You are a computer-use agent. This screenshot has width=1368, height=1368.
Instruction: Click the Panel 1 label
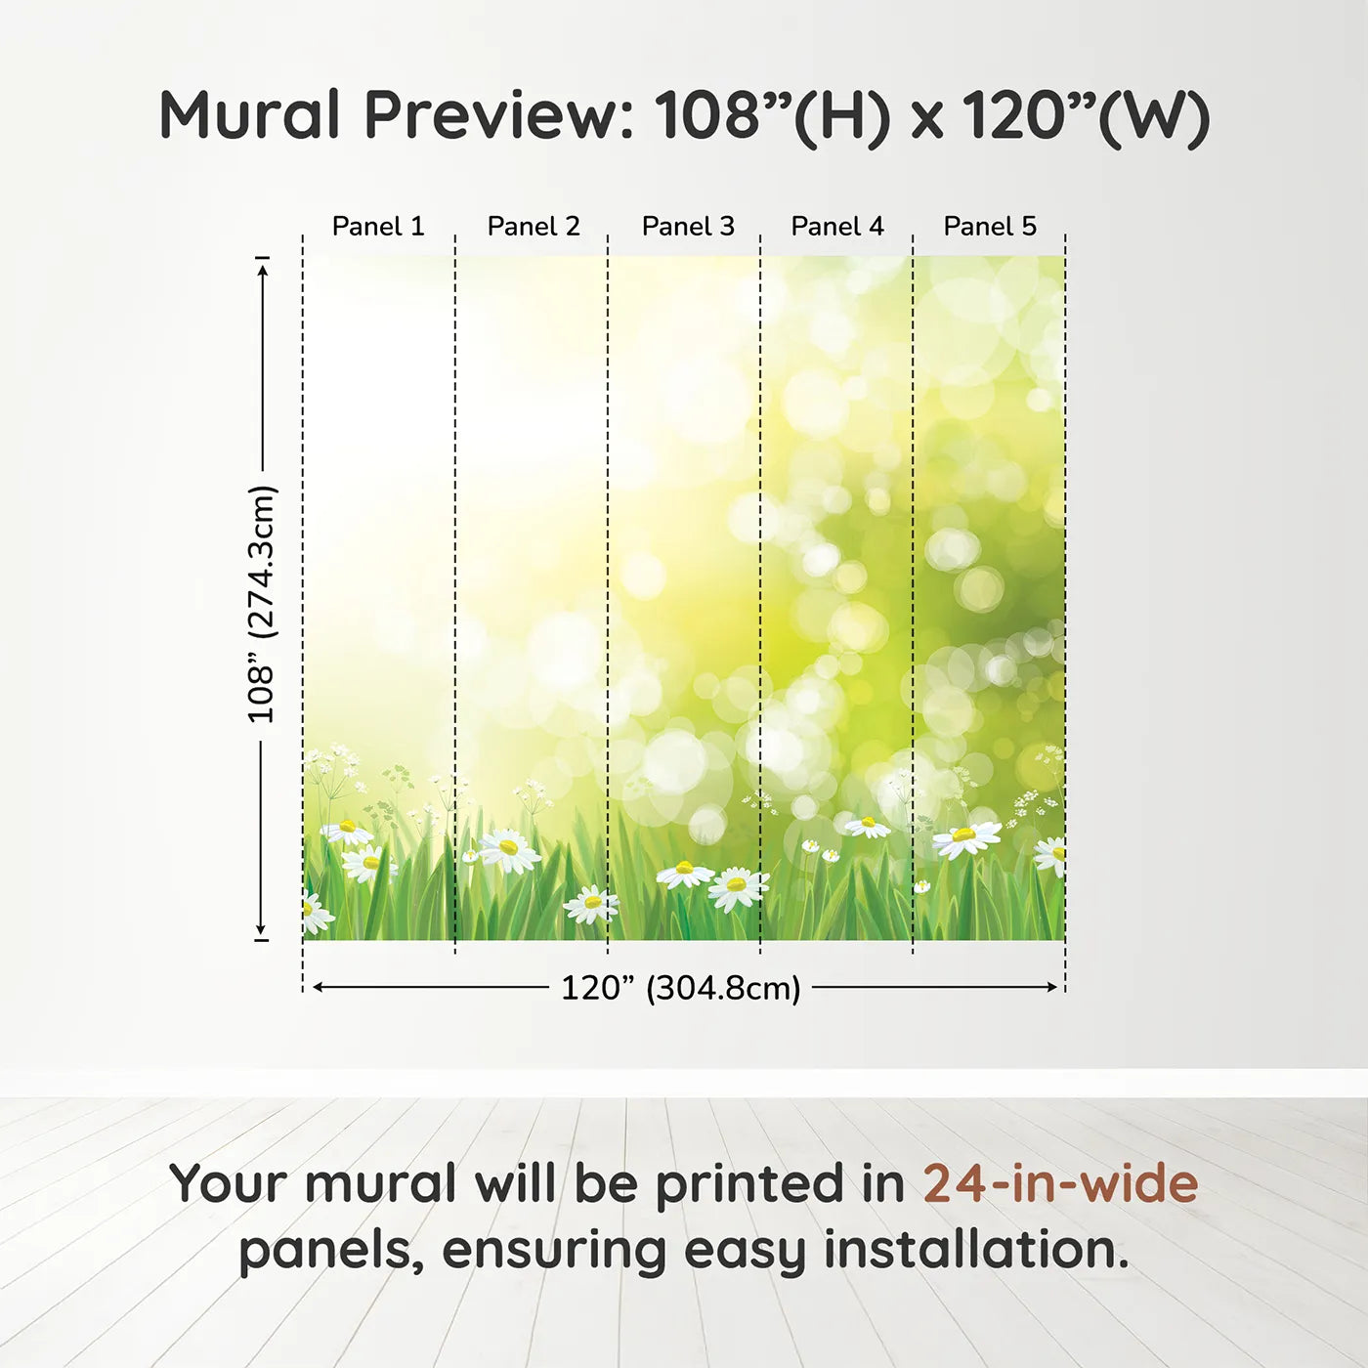(x=378, y=227)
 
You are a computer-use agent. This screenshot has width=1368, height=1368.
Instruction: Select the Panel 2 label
(x=534, y=227)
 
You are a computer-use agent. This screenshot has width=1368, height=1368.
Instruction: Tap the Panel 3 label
(x=688, y=227)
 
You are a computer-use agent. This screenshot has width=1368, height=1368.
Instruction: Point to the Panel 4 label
(x=837, y=227)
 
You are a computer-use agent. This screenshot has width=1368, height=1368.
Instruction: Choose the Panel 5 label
(x=990, y=227)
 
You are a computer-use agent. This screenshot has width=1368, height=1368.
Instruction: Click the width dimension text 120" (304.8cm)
(x=680, y=988)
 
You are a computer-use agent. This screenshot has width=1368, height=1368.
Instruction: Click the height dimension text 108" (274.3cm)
(x=262, y=604)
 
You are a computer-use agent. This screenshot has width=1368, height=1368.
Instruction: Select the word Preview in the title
(x=498, y=115)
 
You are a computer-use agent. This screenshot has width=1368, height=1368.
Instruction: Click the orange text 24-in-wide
(x=1060, y=1183)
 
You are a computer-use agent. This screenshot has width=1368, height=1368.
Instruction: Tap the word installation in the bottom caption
(x=975, y=1250)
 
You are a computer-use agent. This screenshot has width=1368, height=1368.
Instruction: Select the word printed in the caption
(x=750, y=1185)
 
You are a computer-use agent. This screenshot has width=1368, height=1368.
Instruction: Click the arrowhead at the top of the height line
(x=262, y=269)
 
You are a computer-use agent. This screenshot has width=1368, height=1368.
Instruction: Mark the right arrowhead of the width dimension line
(x=1052, y=987)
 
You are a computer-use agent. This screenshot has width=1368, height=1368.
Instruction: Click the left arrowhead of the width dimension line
(x=318, y=987)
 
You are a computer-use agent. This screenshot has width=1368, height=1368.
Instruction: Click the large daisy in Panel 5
(x=965, y=837)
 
